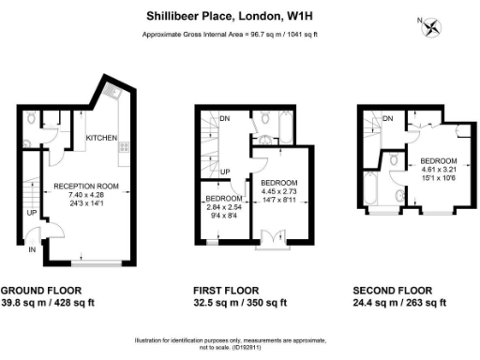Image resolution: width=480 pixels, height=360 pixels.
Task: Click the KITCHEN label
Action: [x=101, y=139]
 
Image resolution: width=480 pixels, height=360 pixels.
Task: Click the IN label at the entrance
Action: [x=32, y=250]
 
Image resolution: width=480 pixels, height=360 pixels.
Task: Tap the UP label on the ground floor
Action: [x=31, y=212]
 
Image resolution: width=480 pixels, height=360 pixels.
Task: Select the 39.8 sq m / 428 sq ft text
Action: [x=45, y=303]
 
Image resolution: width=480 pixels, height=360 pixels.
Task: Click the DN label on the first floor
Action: [x=225, y=119]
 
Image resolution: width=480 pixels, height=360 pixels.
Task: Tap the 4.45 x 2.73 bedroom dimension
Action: [x=278, y=191]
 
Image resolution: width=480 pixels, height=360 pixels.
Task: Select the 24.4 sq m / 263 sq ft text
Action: [x=399, y=303]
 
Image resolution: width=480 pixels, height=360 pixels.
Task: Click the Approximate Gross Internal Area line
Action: [x=230, y=35]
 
